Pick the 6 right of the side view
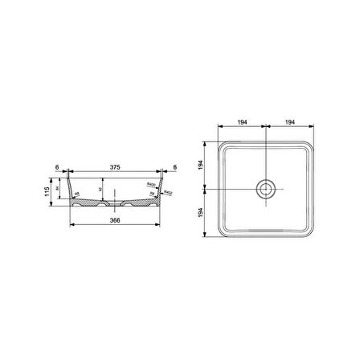[x=176, y=166]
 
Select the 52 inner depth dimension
[x=100, y=190]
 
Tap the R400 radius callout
[x=150, y=185]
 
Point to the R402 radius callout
[x=167, y=194]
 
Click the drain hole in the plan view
[x=265, y=188]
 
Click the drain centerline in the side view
[x=117, y=193]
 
